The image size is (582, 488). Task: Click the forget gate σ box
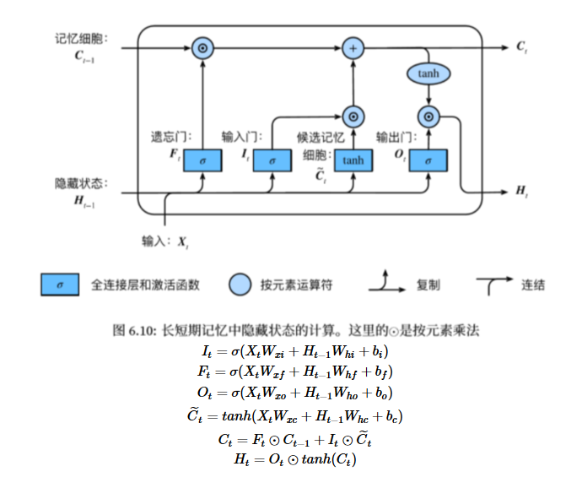[202, 159]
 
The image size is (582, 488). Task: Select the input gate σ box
[272, 159]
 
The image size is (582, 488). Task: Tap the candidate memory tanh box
[353, 159]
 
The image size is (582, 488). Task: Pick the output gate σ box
[428, 159]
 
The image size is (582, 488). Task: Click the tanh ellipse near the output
[428, 73]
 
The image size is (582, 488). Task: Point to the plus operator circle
[353, 47]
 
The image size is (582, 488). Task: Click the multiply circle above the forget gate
[202, 47]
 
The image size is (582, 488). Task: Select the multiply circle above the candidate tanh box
[353, 116]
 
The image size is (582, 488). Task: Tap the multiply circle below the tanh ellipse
[428, 116]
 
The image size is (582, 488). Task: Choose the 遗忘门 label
[165, 136]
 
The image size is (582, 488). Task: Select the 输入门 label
[238, 136]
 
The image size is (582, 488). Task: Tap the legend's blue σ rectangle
[59, 285]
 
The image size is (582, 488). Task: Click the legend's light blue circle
[240, 285]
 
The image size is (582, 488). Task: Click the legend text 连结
[532, 285]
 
